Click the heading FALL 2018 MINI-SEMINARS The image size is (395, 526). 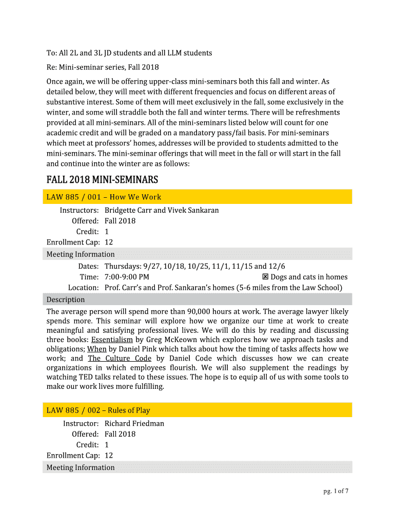102,180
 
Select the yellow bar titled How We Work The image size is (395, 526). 197,197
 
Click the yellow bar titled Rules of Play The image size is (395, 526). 197,410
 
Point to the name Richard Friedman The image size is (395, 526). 134,423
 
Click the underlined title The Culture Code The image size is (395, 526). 120,359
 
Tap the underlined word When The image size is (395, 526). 97,349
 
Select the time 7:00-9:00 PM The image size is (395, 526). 127,277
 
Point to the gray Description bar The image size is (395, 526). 197,299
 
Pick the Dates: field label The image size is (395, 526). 88,266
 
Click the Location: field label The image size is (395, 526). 83,288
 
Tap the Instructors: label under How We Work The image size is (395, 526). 79,210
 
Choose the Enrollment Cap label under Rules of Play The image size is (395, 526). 72,455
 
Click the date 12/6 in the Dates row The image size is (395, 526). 277,266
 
